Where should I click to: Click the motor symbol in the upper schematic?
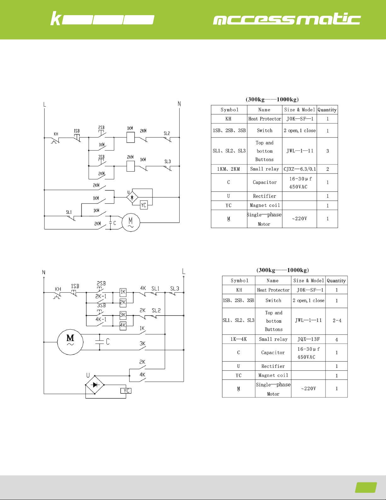130,222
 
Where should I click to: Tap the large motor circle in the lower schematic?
70,342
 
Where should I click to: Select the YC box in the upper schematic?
144,205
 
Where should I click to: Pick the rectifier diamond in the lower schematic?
95,385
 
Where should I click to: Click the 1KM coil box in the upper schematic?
130,137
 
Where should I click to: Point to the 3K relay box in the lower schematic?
123,315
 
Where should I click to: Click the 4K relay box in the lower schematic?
123,325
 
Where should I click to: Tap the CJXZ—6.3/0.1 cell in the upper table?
300,169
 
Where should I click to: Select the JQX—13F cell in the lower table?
308,339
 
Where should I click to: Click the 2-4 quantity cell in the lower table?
337,321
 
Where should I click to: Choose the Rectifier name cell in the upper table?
264,196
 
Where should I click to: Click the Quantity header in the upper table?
327,110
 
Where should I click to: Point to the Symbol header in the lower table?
239,280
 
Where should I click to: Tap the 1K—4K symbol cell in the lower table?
239,339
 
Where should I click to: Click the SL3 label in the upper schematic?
168,162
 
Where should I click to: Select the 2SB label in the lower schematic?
101,283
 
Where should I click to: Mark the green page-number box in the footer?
366,487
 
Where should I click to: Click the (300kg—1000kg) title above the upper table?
272,99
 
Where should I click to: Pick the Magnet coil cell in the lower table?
273,375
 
